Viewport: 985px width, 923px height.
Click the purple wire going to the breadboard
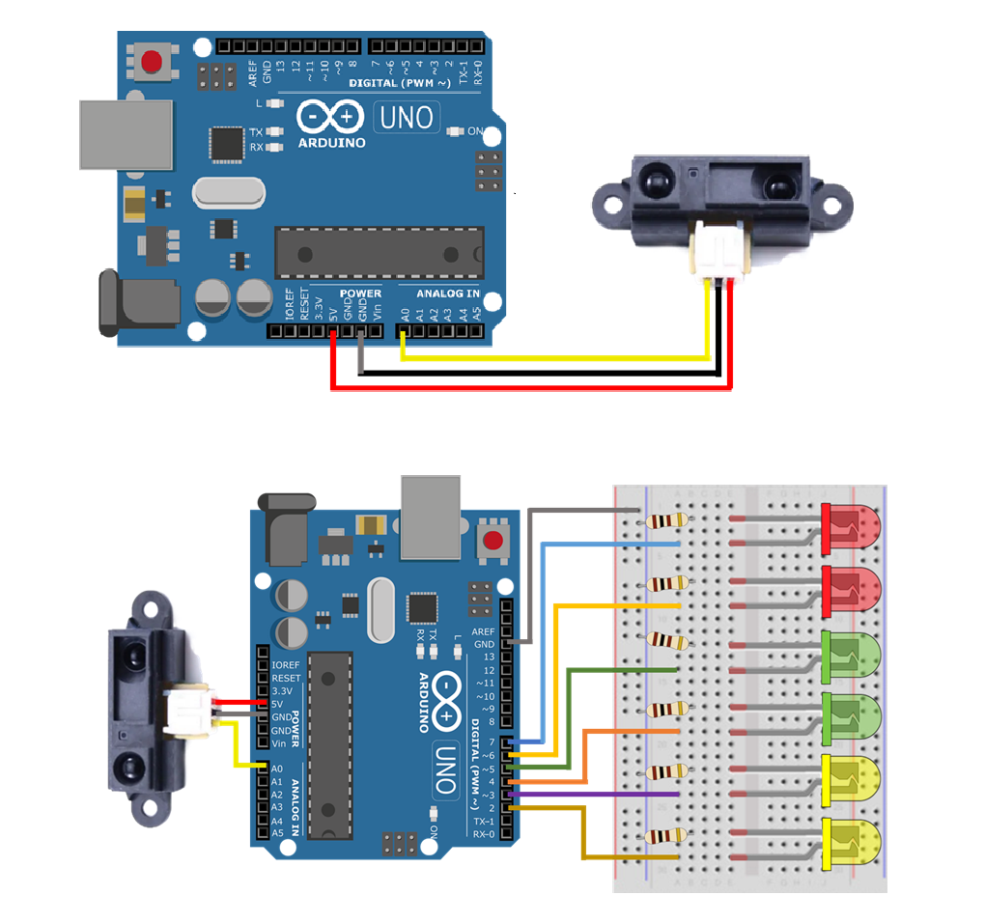(599, 794)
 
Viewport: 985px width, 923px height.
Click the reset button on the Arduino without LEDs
(152, 62)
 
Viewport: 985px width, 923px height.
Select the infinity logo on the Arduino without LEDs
(330, 118)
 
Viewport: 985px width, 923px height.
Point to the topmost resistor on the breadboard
(667, 521)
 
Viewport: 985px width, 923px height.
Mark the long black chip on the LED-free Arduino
(379, 253)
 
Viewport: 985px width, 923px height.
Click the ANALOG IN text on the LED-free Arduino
(447, 294)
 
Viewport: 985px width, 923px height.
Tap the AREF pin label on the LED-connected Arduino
(483, 631)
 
